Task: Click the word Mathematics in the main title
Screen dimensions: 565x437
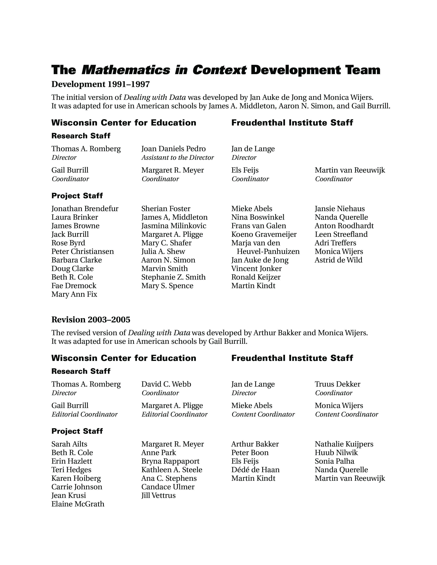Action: tap(126, 70)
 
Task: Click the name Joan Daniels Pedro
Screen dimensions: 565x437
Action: tap(173, 149)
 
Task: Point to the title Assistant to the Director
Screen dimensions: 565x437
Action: tap(178, 158)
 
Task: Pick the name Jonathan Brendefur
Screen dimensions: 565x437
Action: tap(85, 209)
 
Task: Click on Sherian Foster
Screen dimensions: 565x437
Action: tap(166, 209)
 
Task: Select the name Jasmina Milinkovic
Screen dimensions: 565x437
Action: tap(174, 226)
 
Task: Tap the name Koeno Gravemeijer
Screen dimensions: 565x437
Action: tap(264, 234)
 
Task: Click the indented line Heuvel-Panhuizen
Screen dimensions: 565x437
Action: tap(268, 251)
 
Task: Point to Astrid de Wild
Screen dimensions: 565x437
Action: tap(338, 260)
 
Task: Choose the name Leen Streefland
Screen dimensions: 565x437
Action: tap(341, 234)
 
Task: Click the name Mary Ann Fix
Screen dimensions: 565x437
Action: tap(74, 294)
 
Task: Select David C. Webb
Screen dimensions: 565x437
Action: tap(166, 384)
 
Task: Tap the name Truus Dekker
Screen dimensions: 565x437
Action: tap(337, 384)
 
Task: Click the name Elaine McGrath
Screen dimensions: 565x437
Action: tap(78, 504)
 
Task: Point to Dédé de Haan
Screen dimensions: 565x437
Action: tap(255, 469)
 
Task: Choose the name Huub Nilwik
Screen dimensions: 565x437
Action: tap(336, 453)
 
